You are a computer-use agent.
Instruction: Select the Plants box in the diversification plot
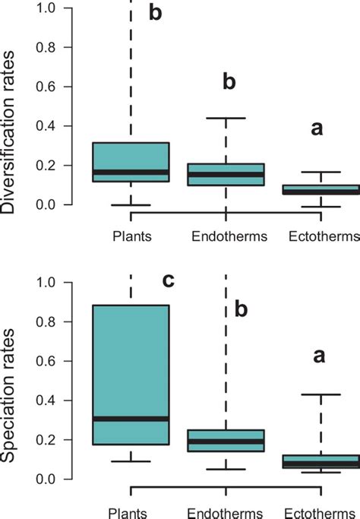pos(131,162)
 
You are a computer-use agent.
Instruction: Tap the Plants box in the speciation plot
pos(131,375)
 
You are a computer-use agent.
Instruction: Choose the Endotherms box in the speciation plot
pos(226,441)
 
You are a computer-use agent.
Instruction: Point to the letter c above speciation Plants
pos(169,281)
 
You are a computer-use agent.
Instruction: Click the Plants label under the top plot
pos(131,236)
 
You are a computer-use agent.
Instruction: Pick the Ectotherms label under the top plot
pos(324,236)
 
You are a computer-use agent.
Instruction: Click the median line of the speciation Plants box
pos(131,419)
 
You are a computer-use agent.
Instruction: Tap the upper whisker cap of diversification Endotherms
pos(226,119)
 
